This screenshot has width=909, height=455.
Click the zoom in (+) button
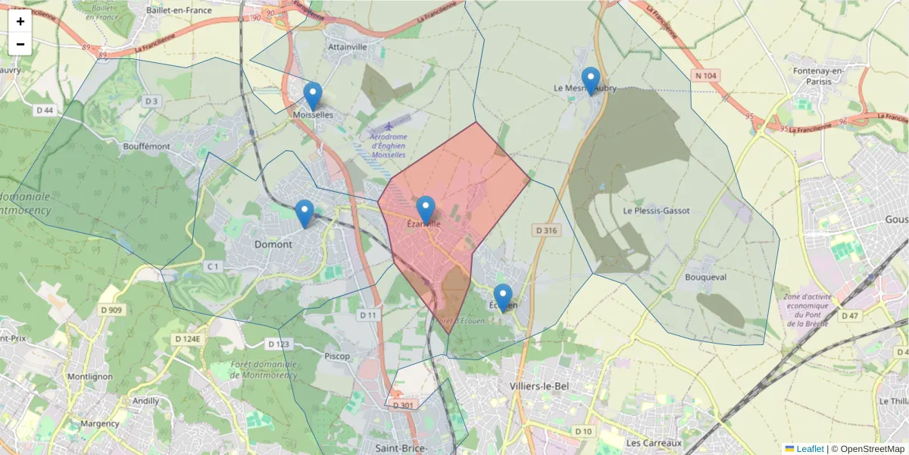click(20, 21)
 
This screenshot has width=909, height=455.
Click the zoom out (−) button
click(20, 44)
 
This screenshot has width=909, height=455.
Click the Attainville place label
click(348, 46)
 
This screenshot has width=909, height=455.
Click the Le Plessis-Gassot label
click(656, 211)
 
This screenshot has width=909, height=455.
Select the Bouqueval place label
click(705, 278)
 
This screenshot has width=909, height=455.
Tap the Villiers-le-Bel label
click(539, 386)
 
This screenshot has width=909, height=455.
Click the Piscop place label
click(337, 356)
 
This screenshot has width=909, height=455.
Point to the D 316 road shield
click(546, 230)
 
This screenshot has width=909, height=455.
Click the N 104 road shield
click(705, 76)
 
